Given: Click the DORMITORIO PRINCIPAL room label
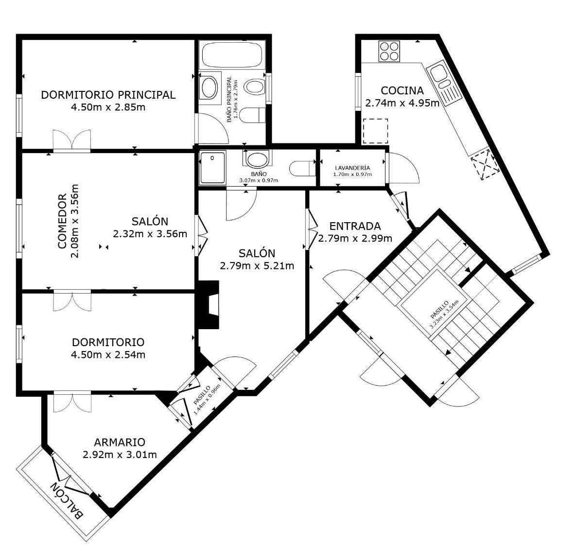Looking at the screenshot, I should pyautogui.click(x=107, y=95).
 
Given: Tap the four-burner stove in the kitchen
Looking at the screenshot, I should pyautogui.click(x=390, y=51).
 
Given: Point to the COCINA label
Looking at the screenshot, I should pyautogui.click(x=402, y=90).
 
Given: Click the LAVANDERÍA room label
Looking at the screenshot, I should pyautogui.click(x=352, y=168).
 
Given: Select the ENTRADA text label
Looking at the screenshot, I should pyautogui.click(x=354, y=226).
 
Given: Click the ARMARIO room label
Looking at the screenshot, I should pyautogui.click(x=120, y=442).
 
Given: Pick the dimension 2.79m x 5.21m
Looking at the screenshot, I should pyautogui.click(x=257, y=266).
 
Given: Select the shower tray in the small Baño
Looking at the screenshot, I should pyautogui.click(x=212, y=168).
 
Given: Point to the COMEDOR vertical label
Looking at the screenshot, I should pyautogui.click(x=62, y=221).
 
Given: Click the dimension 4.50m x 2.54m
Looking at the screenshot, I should pyautogui.click(x=108, y=355).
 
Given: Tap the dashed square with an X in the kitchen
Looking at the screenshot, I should pyautogui.click(x=485, y=165).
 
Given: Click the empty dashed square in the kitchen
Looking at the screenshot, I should pyautogui.click(x=375, y=131).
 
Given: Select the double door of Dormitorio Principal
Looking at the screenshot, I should pyautogui.click(x=71, y=140).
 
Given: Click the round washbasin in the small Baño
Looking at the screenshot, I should pyautogui.click(x=257, y=159).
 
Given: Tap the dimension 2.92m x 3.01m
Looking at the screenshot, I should pyautogui.click(x=120, y=455).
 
